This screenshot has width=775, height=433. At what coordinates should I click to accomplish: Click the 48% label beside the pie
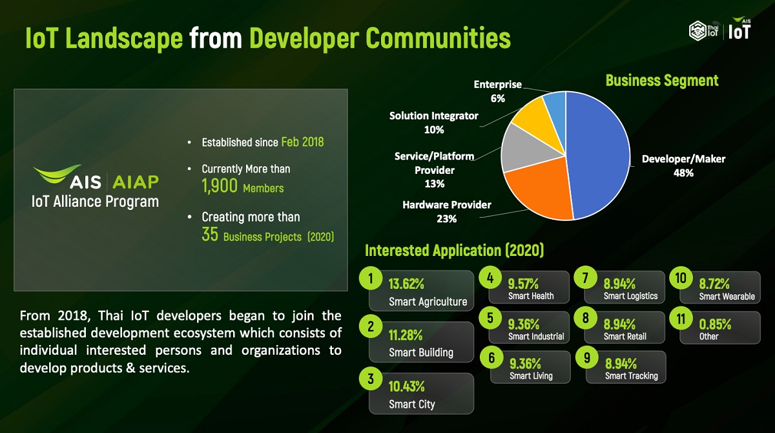pyautogui.click(x=683, y=173)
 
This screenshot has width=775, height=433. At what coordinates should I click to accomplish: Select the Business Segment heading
pyautogui.click(x=662, y=81)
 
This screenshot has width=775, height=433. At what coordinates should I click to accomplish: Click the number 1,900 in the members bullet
pyautogui.click(x=220, y=186)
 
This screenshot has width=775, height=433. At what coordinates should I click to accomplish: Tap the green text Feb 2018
pyautogui.click(x=302, y=142)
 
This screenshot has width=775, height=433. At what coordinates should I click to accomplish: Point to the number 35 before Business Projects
pyautogui.click(x=210, y=235)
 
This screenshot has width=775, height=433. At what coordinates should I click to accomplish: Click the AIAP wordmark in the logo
pyautogui.click(x=136, y=182)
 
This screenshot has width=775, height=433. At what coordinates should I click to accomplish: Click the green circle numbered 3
pyautogui.click(x=371, y=379)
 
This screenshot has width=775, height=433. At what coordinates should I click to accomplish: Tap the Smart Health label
pyautogui.click(x=531, y=296)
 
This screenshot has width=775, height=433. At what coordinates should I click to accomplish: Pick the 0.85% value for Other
pyautogui.click(x=715, y=324)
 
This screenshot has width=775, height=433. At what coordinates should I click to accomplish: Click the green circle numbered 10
pyautogui.click(x=681, y=278)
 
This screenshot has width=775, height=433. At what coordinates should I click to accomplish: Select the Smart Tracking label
pyautogui.click(x=632, y=376)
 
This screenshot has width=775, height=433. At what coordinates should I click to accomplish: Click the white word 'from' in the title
pyautogui.click(x=216, y=38)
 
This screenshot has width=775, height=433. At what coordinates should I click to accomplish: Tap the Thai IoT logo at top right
pyautogui.click(x=703, y=31)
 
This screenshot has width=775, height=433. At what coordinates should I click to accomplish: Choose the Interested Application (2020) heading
pyautogui.click(x=454, y=251)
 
